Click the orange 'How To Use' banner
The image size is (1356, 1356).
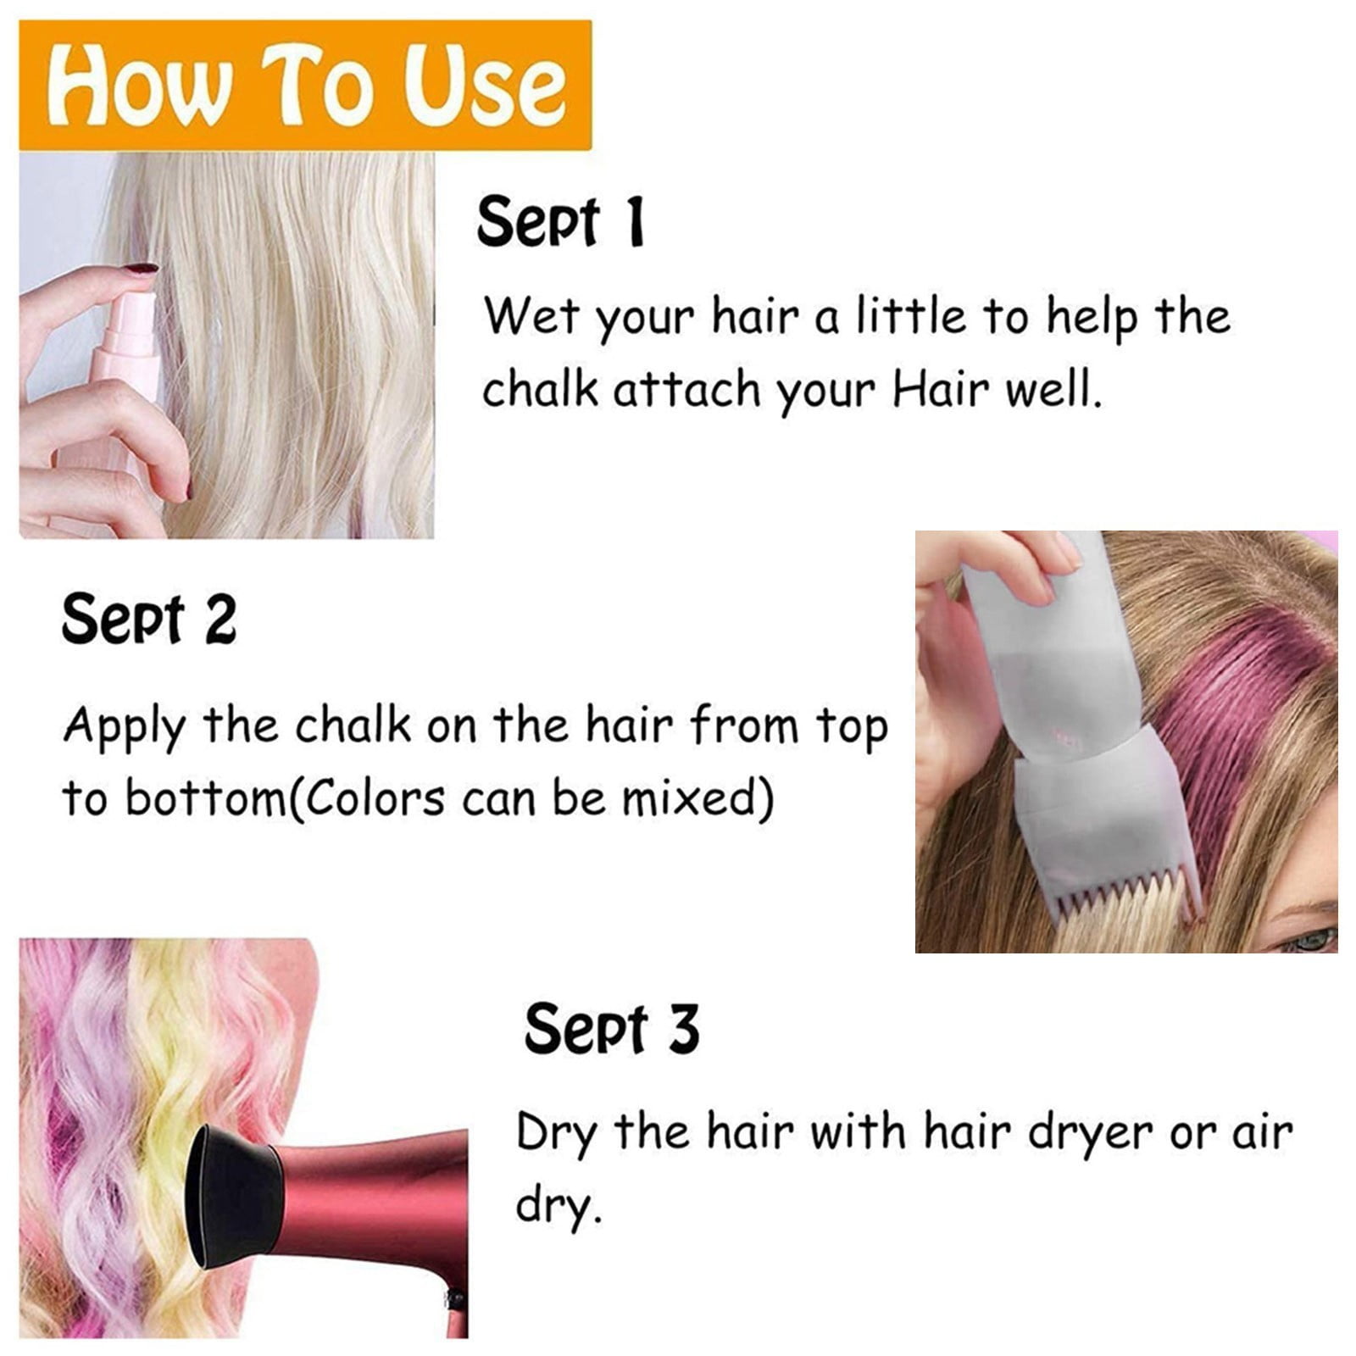(305, 85)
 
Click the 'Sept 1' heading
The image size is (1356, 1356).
(561, 222)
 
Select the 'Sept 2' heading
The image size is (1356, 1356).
(148, 620)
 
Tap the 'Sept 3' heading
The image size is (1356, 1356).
(612, 1029)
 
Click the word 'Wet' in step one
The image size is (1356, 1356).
(531, 316)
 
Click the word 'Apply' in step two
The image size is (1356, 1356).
(124, 728)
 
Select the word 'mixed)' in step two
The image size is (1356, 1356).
(698, 798)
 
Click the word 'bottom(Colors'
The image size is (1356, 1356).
(285, 798)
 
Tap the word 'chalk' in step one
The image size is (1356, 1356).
(540, 390)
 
